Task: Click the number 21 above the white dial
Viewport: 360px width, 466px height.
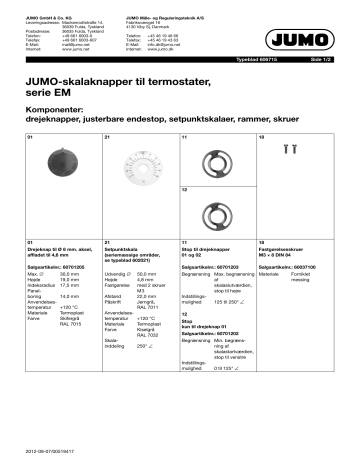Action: tap(106, 134)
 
